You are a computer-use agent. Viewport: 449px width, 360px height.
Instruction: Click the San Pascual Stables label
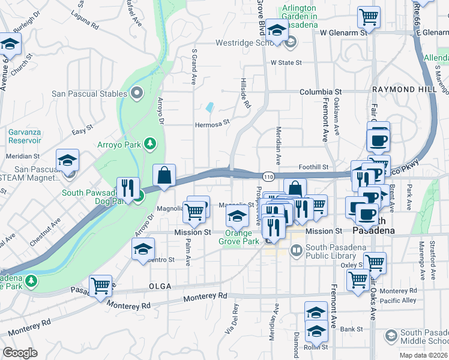pyautogui.click(x=89, y=94)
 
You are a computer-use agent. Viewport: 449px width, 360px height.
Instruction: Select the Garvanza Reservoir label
pyautogui.click(x=25, y=136)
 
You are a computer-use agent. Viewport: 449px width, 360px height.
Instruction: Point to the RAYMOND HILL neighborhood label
pyautogui.click(x=394, y=89)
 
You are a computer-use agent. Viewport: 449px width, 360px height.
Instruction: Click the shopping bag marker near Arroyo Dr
pyautogui.click(x=164, y=175)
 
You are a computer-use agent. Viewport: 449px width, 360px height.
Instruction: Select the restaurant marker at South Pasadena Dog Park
pyautogui.click(x=128, y=188)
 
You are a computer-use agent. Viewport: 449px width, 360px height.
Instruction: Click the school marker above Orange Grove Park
pyautogui.click(x=238, y=215)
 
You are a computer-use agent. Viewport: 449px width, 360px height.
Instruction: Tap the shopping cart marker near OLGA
pyautogui.click(x=100, y=286)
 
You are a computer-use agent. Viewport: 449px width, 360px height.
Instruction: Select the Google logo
pyautogui.click(x=20, y=353)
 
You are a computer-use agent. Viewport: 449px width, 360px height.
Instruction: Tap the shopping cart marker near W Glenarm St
pyautogui.click(x=369, y=17)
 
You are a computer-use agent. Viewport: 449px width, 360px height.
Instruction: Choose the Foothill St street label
pyautogui.click(x=315, y=167)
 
